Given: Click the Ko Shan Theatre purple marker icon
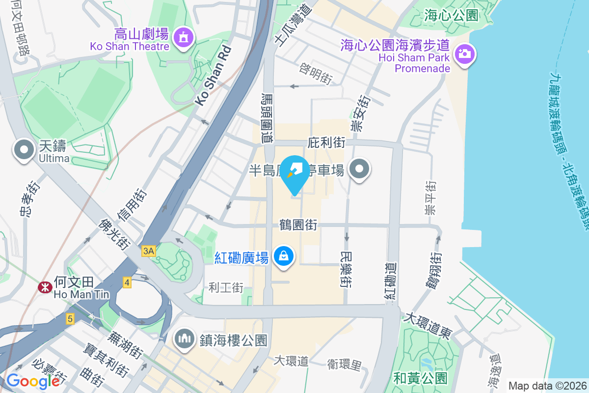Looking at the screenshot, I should coord(184,37).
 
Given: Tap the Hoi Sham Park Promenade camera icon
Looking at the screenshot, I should coord(464,54).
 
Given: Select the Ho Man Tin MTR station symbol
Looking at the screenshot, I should coord(45,287).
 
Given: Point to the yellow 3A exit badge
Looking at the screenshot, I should coord(148,252).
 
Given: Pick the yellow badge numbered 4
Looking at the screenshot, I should coord(127,282).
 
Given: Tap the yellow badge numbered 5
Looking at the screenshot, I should coord(70,319).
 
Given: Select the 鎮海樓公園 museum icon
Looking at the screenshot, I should coord(184,338).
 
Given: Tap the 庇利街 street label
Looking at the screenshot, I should coord(326,143).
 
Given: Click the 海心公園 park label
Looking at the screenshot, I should coord(451,15).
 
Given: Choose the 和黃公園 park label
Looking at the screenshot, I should coord(421,378).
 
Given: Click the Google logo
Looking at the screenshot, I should coord(33,381).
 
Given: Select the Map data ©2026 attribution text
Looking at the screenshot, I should coord(547,386).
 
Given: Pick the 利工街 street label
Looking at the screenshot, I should coord(226,287).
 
